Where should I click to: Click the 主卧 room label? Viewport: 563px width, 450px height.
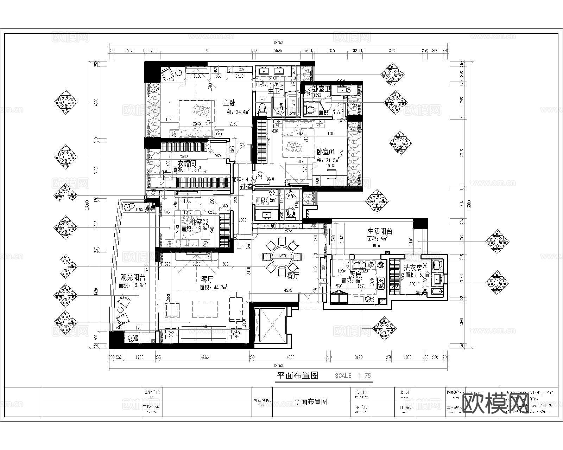[x=229, y=103]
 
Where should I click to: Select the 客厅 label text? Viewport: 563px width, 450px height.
[x=208, y=279]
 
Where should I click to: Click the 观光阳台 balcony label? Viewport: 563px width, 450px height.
[x=133, y=277]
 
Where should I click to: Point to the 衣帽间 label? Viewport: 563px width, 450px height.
[x=186, y=163]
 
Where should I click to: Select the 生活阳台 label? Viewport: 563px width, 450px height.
[x=380, y=231]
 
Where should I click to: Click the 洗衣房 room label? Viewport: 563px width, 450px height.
[x=412, y=268]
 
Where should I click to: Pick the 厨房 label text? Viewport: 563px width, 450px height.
[x=355, y=274]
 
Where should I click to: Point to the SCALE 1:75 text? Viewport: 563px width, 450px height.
[x=353, y=375]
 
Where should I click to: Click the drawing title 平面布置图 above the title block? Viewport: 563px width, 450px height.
[x=297, y=375]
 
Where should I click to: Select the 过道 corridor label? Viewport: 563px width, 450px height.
[x=246, y=187]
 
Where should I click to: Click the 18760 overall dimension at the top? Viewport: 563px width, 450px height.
[x=278, y=42]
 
